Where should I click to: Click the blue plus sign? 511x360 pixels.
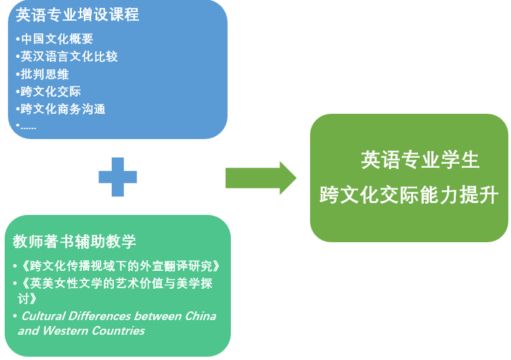[x=118, y=177]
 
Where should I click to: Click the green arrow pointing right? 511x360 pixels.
[x=260, y=178]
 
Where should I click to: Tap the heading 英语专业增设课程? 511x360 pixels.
[x=77, y=15]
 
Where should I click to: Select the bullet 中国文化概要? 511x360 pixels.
[x=57, y=39]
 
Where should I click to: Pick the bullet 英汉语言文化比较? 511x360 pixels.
[x=69, y=57]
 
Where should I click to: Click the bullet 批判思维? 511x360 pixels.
[x=45, y=74]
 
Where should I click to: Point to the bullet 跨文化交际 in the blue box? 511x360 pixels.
[x=51, y=91]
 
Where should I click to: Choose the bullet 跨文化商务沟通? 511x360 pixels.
[x=63, y=108]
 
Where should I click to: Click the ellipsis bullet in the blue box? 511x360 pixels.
[x=28, y=125]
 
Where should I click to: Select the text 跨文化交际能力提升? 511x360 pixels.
[x=409, y=195]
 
